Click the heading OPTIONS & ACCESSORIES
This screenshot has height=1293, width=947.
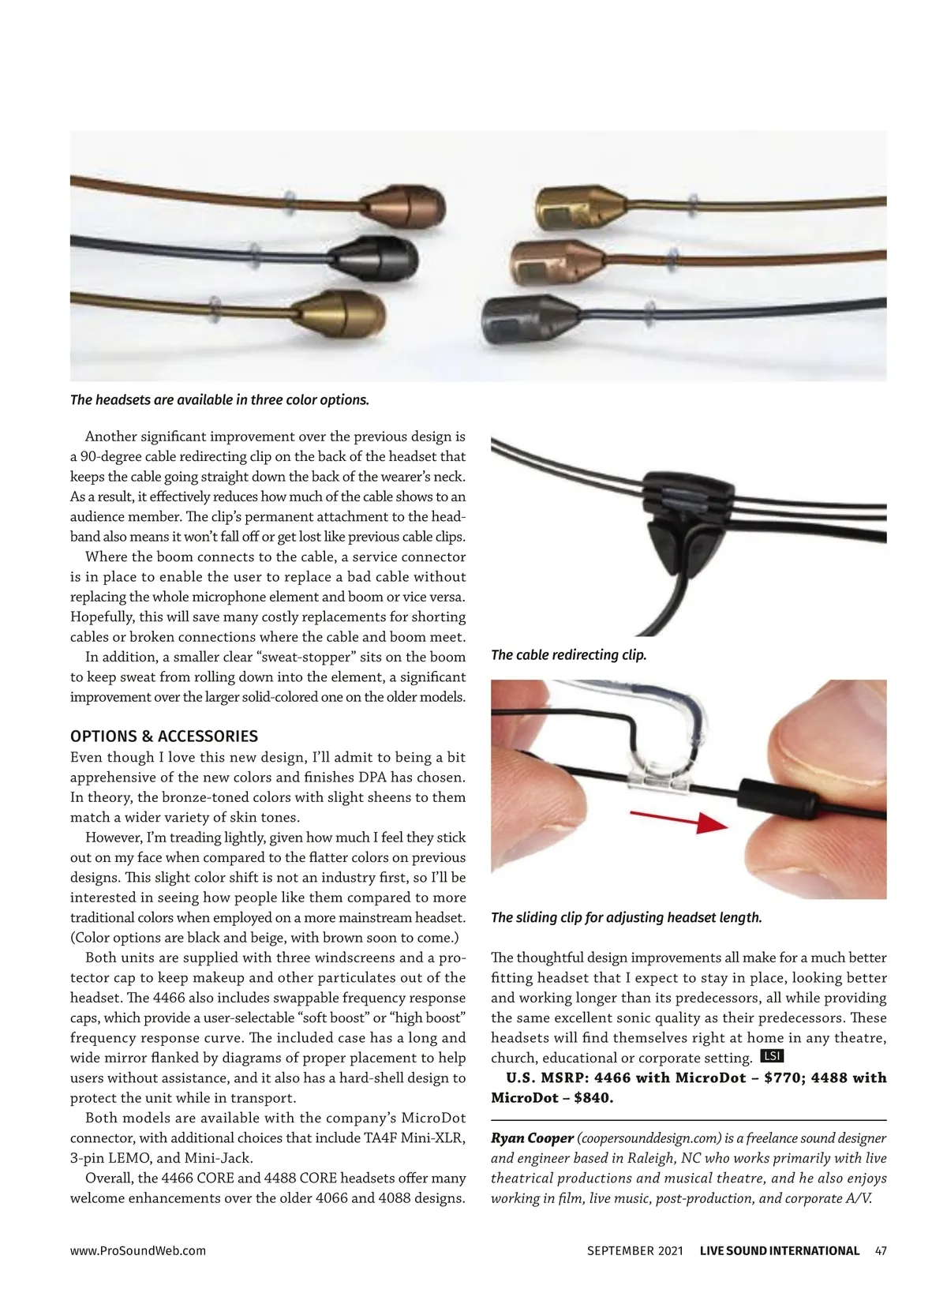tap(164, 736)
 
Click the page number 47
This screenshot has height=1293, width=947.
tap(881, 1250)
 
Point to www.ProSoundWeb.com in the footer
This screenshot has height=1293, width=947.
tap(138, 1250)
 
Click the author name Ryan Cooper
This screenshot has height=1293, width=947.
tap(532, 1138)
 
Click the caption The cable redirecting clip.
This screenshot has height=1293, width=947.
tap(568, 655)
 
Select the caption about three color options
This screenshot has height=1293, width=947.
tap(219, 399)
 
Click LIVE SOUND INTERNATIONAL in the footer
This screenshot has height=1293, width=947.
tap(779, 1250)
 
